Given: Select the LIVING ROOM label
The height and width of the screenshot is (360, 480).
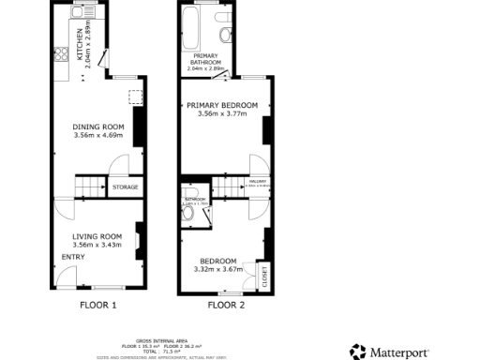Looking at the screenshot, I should coord(98,235).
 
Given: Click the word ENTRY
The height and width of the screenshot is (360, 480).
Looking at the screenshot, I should coord(74,257).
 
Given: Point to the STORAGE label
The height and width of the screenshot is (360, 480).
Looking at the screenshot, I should coord(126,187).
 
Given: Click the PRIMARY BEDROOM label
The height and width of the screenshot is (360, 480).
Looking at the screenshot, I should coord(224,105).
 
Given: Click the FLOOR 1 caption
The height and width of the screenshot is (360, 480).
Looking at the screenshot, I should coord(97,305).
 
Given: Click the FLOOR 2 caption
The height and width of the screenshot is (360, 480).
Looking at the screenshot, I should coord(225,305).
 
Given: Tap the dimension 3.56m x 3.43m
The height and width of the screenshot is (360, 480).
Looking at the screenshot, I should coord(98,245).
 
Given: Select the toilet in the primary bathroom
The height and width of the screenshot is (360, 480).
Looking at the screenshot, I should coord(225,35).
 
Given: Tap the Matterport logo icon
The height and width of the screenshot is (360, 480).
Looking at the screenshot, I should coord(357,352).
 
